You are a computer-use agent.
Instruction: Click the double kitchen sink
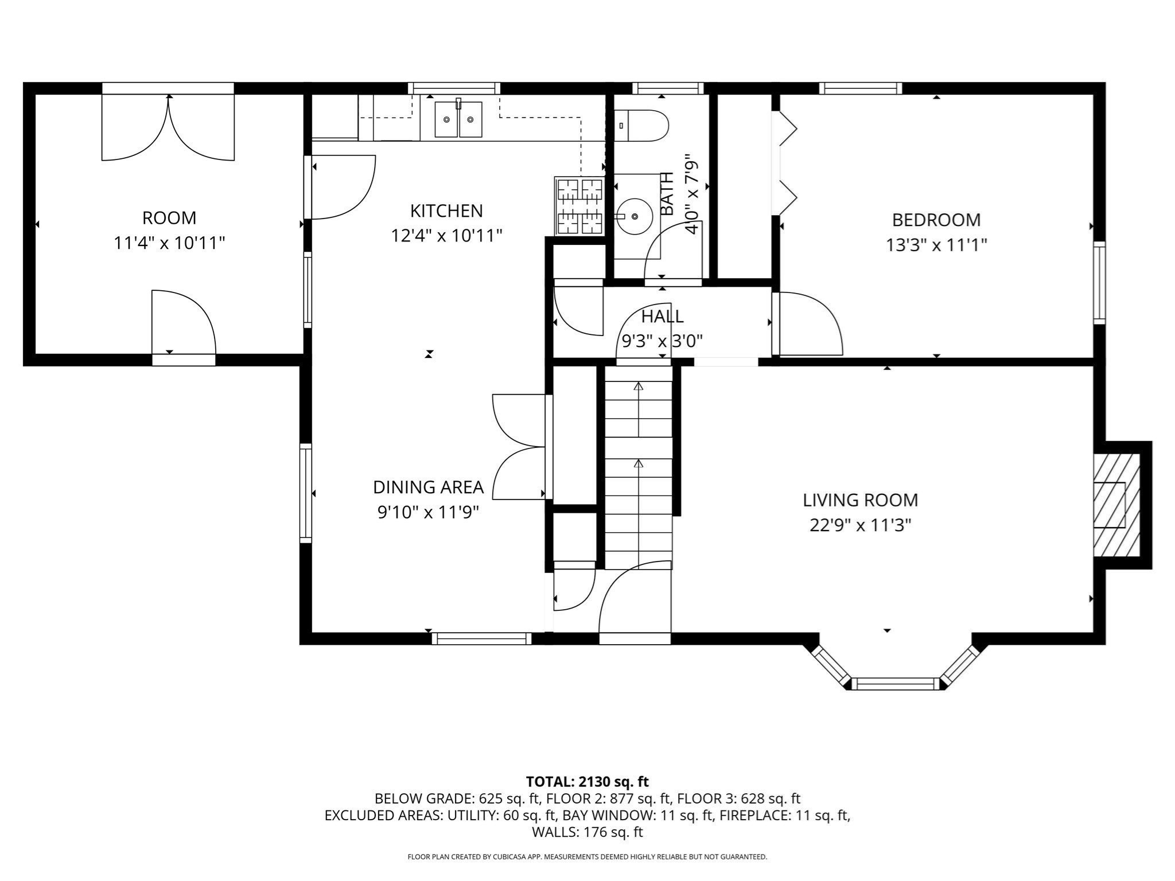(x=458, y=119)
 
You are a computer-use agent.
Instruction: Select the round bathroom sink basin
(x=635, y=216)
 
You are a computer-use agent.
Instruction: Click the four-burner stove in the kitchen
(x=579, y=206)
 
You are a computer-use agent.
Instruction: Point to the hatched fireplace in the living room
(x=1116, y=505)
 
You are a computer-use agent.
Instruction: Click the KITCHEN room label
(x=446, y=211)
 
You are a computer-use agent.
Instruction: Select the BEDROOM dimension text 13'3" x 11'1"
(x=936, y=245)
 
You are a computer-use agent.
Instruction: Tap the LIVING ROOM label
(x=860, y=500)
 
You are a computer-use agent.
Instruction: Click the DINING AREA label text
(x=428, y=488)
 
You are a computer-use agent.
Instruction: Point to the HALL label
(x=662, y=317)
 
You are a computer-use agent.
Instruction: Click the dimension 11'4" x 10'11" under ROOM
(x=169, y=243)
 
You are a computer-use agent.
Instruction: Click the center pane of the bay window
(x=894, y=683)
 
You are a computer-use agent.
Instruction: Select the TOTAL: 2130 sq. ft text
(x=587, y=781)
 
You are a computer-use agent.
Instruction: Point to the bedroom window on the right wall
(x=1099, y=282)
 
